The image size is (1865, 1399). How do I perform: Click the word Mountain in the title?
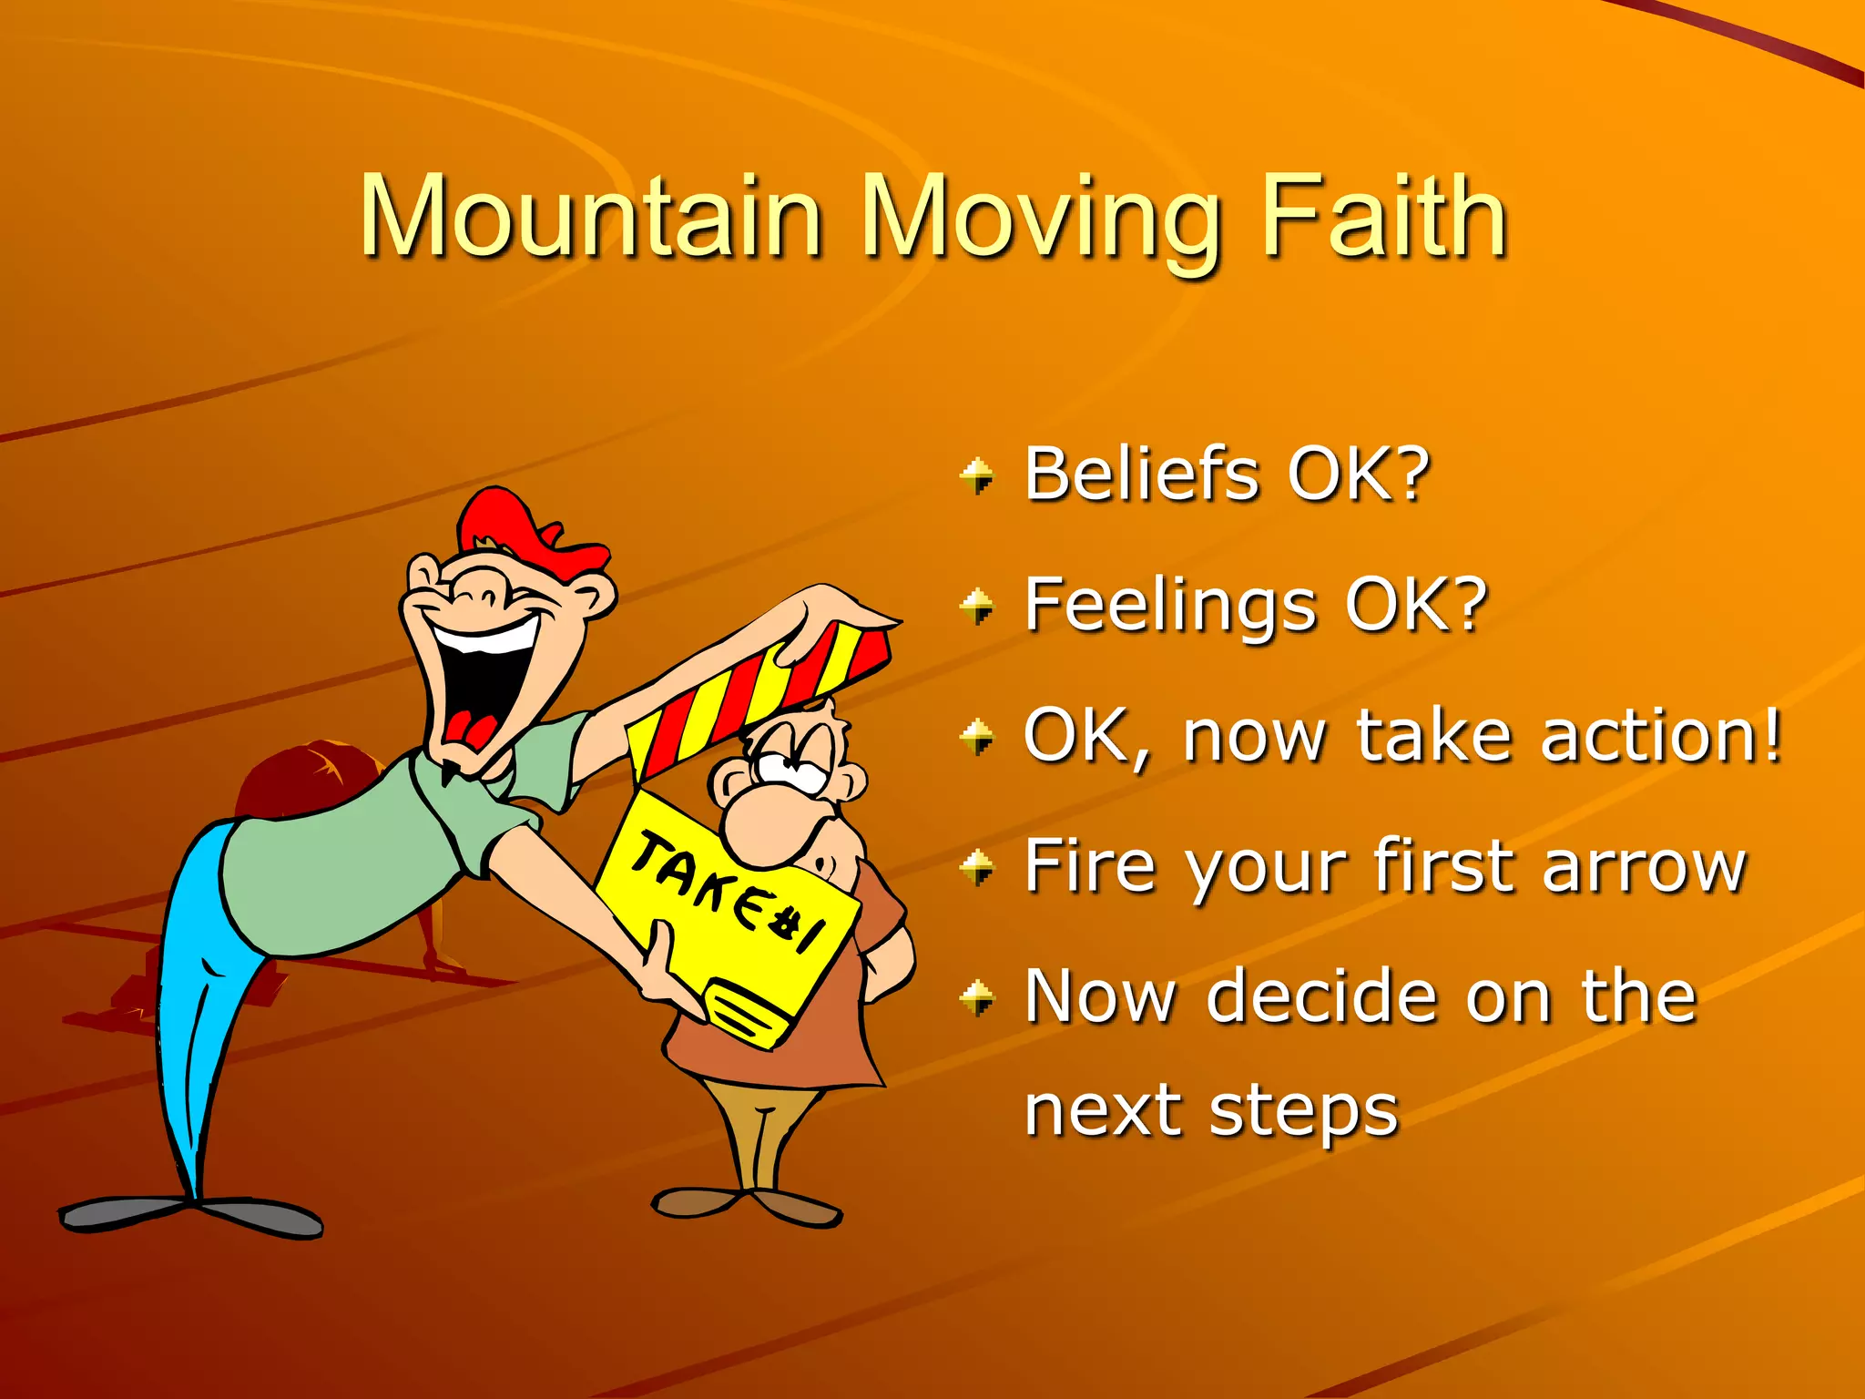pyautogui.click(x=592, y=217)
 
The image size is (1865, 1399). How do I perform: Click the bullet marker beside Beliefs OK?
pyautogui.click(x=978, y=475)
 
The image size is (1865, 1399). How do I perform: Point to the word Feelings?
pyautogui.click(x=1170, y=606)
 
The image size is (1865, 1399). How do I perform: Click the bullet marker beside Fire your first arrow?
pyautogui.click(x=978, y=866)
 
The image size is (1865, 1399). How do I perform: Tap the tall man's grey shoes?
pyautogui.click(x=191, y=1216)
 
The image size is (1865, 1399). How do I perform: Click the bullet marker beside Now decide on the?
pyautogui.click(x=978, y=997)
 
